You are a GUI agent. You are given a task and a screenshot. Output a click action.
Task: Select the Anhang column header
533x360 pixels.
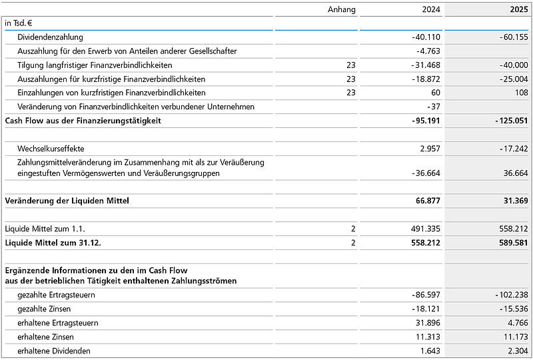coord(342,9)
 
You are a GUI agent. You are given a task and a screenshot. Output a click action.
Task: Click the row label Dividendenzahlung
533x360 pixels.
coord(50,37)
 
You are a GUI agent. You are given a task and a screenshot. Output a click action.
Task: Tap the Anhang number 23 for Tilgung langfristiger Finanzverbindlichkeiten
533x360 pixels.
coord(351,65)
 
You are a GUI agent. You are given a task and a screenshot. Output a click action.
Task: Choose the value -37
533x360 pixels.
coord(433,107)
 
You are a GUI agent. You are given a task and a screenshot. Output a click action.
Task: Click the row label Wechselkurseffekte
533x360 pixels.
coord(51,148)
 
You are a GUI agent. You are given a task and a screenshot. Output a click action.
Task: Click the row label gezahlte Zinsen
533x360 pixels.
coord(44,309)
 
